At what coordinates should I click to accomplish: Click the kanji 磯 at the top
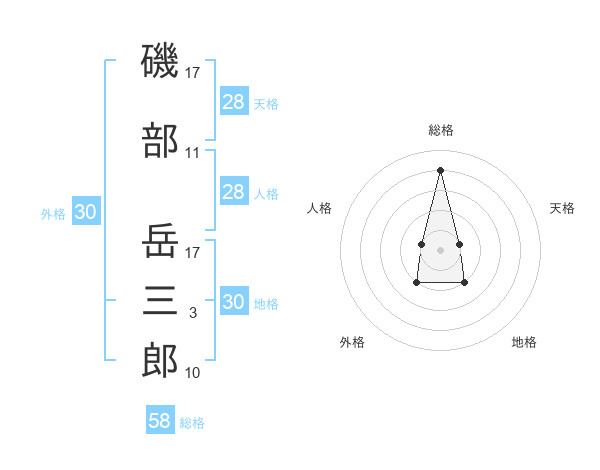160,60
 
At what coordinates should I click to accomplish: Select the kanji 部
160,140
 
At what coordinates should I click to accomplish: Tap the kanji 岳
160,240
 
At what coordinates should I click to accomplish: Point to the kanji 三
160,300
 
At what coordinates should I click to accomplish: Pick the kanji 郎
160,360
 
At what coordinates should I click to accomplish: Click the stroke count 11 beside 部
192,153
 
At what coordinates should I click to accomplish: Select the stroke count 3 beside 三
193,313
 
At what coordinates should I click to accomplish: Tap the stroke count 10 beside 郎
192,372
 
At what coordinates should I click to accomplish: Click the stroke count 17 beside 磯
192,73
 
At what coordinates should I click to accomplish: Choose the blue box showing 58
160,419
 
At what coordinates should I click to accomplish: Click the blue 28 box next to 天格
234,101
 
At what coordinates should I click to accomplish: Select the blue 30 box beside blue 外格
86,211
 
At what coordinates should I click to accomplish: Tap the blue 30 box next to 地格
234,300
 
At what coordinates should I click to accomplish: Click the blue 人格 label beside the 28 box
266,194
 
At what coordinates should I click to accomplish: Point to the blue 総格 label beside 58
192,423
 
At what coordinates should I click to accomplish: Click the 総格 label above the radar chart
441,130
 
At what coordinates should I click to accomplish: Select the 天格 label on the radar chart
562,208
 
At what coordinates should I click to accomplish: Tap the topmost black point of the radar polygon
440,170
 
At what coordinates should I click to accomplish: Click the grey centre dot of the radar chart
440,250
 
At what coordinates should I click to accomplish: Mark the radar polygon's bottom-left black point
417,282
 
